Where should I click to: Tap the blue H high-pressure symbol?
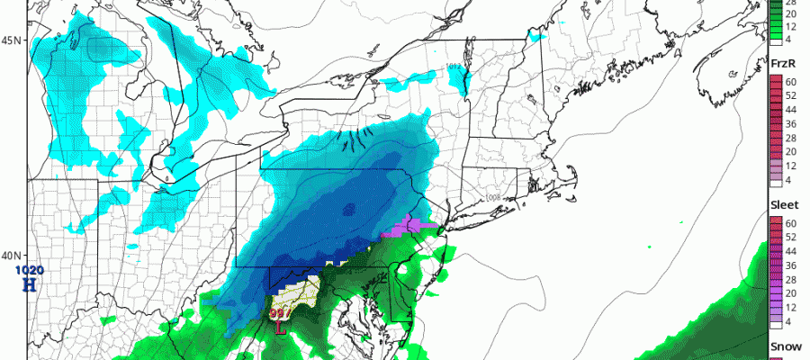point(29,284)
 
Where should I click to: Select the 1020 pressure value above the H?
point(29,269)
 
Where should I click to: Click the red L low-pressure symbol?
point(281,328)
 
